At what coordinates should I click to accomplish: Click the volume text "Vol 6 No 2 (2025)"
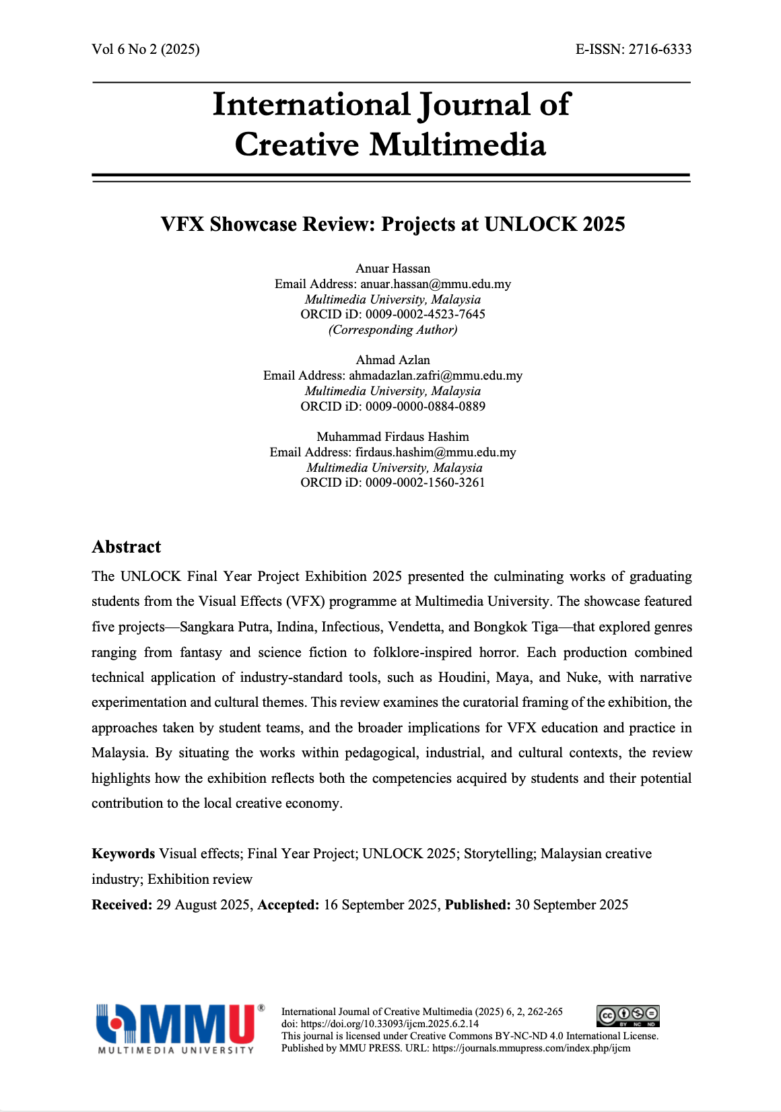coord(145,49)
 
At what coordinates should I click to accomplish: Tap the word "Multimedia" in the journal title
coord(458,145)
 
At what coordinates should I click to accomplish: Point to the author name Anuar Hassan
coord(393,269)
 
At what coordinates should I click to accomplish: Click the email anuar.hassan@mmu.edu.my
coord(435,284)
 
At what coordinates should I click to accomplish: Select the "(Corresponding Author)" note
coord(393,330)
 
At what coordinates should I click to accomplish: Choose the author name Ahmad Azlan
coord(393,360)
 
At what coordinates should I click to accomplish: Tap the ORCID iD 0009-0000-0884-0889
coord(425,407)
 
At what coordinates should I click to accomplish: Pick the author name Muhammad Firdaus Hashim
coord(393,437)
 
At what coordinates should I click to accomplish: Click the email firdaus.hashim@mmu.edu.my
coord(436,452)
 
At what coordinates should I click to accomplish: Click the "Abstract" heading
coord(127,547)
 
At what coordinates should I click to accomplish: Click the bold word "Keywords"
coord(123,854)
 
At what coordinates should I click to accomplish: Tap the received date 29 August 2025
coord(203,905)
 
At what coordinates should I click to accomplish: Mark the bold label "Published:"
coord(478,905)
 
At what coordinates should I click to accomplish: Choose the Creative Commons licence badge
coord(627,1016)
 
